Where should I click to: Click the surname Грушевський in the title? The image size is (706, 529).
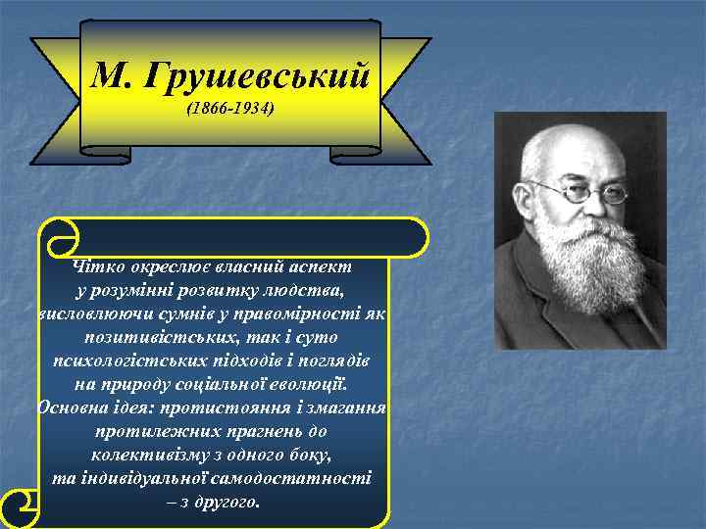pos(257,74)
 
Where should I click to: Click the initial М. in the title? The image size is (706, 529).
pos(115,74)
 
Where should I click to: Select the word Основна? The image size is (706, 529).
pos(76,409)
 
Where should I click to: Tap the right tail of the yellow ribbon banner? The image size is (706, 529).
pos(402,98)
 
